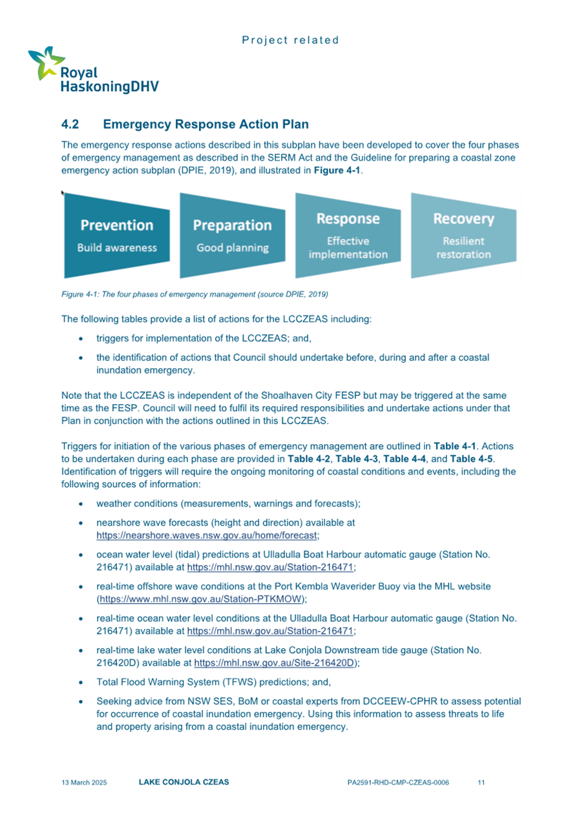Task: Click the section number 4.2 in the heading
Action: [70, 123]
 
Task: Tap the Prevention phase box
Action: [116, 234]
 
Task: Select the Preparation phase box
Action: [232, 234]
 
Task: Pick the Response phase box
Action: [348, 234]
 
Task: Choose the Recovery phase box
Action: [463, 234]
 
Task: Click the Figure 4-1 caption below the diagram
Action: [195, 294]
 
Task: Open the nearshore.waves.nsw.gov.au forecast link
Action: [207, 535]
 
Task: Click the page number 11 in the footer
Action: [481, 782]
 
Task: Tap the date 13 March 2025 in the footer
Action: [84, 782]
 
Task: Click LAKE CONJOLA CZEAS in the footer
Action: [184, 782]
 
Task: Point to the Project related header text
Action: [290, 40]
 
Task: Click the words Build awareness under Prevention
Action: [116, 247]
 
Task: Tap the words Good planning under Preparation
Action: [232, 248]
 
